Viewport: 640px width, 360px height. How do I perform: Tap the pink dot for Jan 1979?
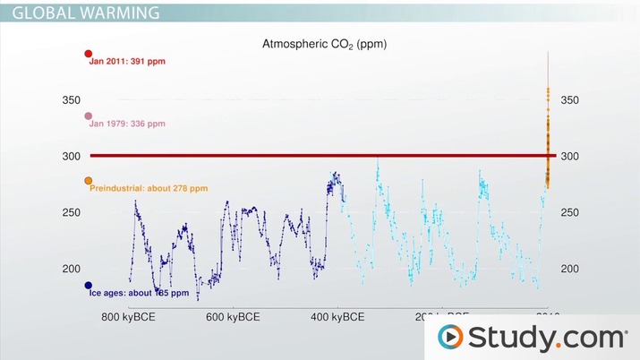click(88, 116)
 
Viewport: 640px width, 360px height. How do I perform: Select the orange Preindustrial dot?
click(88, 181)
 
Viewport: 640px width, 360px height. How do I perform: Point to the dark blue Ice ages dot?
click(89, 286)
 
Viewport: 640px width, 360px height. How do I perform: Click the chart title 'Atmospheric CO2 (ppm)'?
click(323, 43)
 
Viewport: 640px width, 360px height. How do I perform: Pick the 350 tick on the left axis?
click(71, 100)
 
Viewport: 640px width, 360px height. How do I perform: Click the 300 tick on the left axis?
click(71, 157)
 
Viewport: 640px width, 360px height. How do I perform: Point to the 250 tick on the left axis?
click(71, 212)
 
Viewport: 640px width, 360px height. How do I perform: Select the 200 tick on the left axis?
click(71, 269)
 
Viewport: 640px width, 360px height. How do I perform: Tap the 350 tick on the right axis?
click(569, 100)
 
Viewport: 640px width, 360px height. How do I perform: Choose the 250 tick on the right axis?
click(569, 212)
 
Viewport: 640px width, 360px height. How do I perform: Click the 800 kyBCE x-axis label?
click(128, 317)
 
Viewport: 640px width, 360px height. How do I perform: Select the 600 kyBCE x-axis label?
click(233, 317)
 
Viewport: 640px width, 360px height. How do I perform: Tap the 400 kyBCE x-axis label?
click(337, 317)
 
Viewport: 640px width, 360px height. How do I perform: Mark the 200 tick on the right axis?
click(569, 269)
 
